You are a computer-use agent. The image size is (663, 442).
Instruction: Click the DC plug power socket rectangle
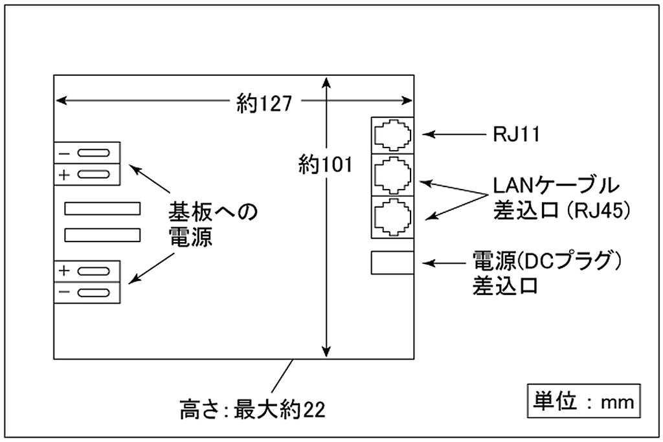point(392,263)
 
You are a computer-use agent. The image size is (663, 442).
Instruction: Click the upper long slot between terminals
point(102,208)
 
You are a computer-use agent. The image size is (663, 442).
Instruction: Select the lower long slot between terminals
point(102,235)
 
